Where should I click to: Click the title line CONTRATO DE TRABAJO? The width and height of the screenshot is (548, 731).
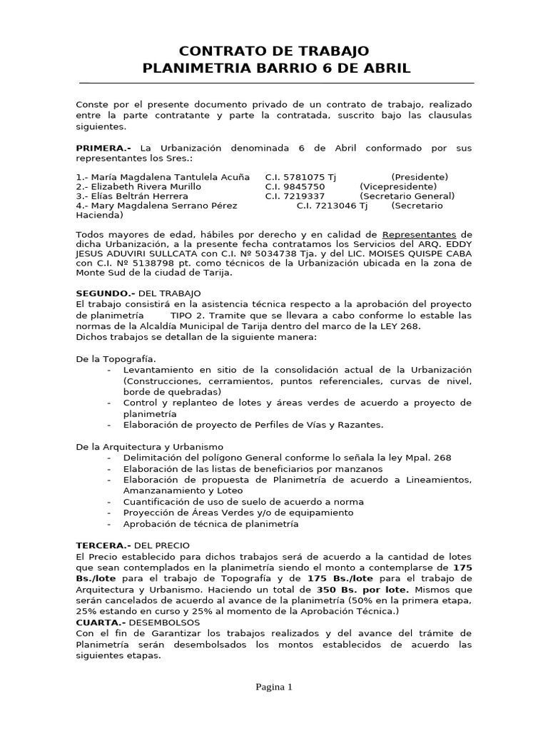[x=274, y=51]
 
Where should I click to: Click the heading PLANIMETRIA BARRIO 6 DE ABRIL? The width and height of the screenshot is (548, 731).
[x=277, y=69]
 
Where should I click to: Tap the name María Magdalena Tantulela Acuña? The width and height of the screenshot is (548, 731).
[x=163, y=177]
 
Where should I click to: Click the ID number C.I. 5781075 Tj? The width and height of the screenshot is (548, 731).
[x=300, y=177]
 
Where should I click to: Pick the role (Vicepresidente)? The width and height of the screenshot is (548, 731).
[x=398, y=186]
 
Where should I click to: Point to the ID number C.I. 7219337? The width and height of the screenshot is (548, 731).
[x=295, y=196]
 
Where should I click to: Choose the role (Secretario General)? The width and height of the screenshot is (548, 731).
[x=407, y=196]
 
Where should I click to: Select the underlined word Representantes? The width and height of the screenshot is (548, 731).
[x=419, y=235]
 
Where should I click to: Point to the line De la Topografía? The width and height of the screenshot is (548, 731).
[x=116, y=358]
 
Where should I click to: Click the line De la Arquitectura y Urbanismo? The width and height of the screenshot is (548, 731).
[x=149, y=446]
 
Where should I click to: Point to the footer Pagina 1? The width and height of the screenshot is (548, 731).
[x=274, y=687]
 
